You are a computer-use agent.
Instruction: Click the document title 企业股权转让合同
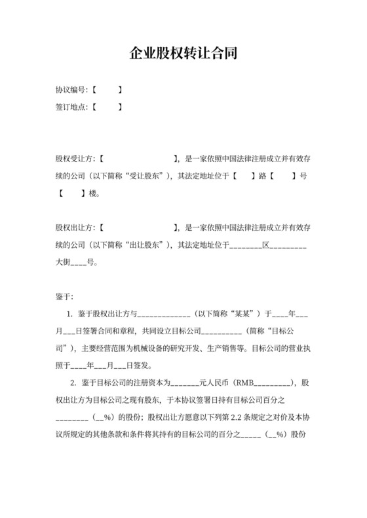point(183,54)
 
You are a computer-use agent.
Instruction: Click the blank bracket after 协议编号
point(107,89)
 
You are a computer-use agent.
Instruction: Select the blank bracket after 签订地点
point(107,107)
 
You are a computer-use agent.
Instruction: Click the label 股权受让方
point(75,158)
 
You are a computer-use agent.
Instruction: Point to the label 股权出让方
point(75,228)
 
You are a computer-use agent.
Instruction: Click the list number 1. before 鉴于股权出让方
point(71,314)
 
